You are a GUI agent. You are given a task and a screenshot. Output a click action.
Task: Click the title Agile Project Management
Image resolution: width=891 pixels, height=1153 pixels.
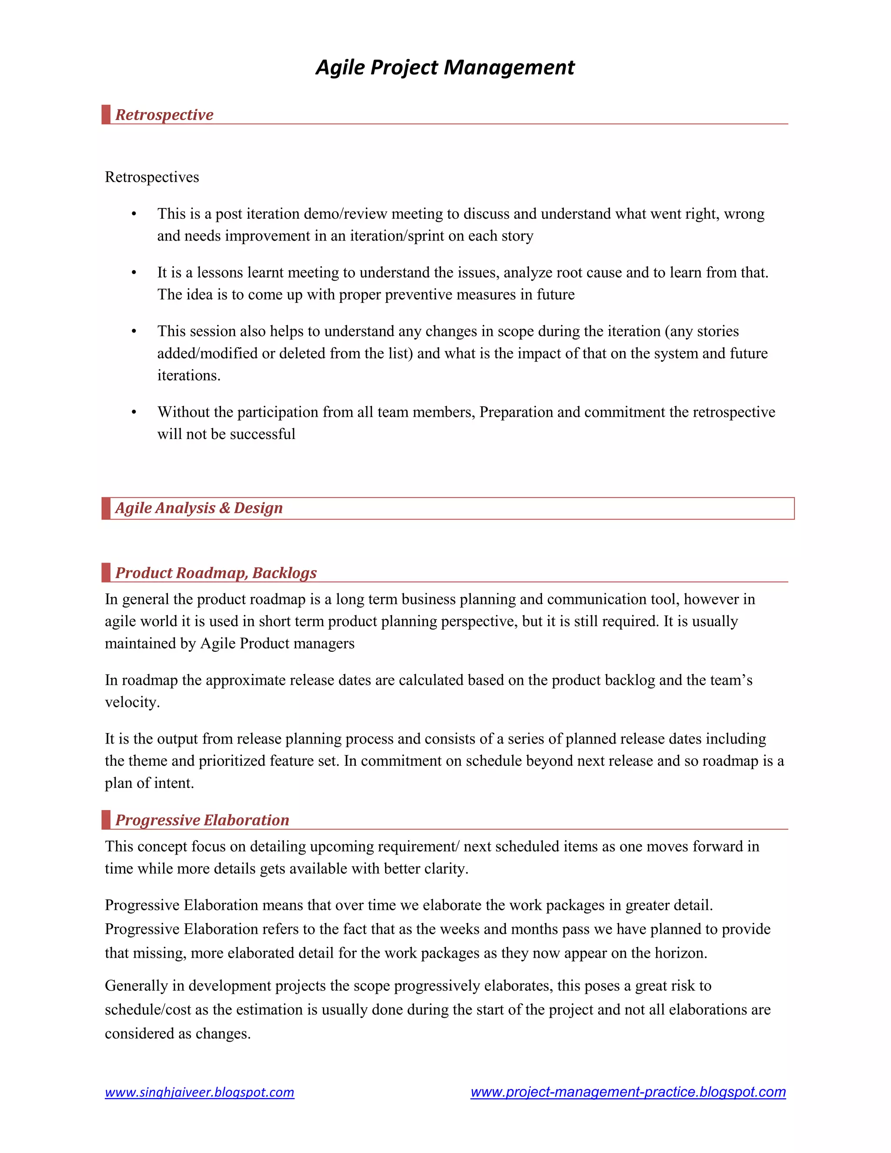445,67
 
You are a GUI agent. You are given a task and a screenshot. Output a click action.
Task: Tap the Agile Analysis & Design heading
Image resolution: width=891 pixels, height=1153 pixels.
199,508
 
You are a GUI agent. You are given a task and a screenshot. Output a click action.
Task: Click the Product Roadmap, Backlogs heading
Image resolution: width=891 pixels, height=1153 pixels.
216,573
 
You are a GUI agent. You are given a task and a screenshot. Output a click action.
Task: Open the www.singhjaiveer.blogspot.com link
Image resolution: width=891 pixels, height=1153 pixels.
200,1092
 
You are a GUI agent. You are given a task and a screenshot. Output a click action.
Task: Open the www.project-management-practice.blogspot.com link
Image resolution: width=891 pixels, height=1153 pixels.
628,1092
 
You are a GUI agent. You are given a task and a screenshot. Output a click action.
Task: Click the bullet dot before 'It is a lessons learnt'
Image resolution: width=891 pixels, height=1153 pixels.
134,273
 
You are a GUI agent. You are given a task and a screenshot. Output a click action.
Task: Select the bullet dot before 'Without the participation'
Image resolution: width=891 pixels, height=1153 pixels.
134,412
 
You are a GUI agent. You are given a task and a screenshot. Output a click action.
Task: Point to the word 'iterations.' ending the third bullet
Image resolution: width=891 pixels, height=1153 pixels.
189,375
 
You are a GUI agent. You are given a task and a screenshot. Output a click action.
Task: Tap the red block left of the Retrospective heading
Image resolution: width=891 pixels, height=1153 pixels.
106,114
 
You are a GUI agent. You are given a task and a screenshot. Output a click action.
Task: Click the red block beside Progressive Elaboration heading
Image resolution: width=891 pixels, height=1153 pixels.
106,820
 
